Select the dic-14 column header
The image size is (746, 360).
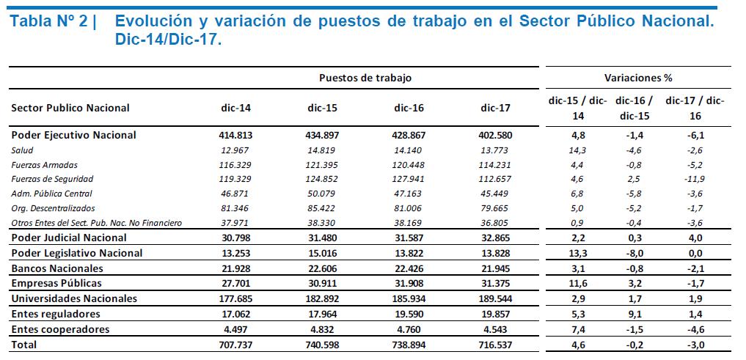tap(235, 108)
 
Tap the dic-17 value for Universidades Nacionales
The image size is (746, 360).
tap(495, 298)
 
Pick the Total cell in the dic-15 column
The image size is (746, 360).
tap(322, 345)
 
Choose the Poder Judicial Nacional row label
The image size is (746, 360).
tap(68, 237)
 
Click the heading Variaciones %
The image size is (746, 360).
tap(638, 78)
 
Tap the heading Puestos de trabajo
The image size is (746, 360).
tap(365, 78)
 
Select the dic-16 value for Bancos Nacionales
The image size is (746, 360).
tap(409, 268)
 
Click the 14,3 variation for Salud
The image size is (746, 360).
tap(578, 150)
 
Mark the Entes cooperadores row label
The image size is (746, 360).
tap(60, 329)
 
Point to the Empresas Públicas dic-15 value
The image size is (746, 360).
tap(322, 284)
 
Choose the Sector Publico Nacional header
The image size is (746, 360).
tap(70, 108)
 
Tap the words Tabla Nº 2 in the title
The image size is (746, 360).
tap(49, 22)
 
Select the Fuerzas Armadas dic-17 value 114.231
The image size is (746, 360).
tap(495, 165)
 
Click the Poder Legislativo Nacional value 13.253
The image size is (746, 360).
tap(235, 253)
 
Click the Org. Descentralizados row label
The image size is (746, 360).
tap(53, 207)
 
